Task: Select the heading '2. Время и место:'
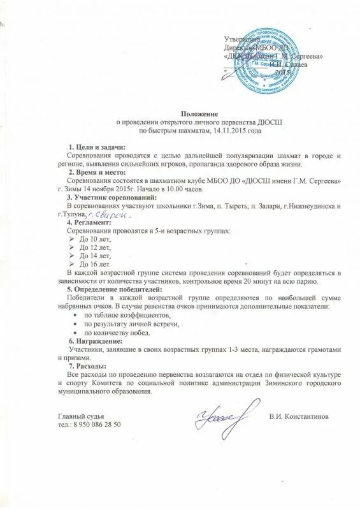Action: (98, 173)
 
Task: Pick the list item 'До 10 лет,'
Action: (94, 238)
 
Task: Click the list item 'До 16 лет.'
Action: (94, 263)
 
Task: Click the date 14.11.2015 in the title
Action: (223, 130)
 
